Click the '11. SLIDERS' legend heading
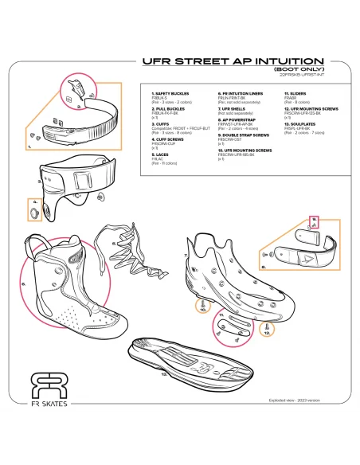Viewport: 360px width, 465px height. (295, 94)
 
